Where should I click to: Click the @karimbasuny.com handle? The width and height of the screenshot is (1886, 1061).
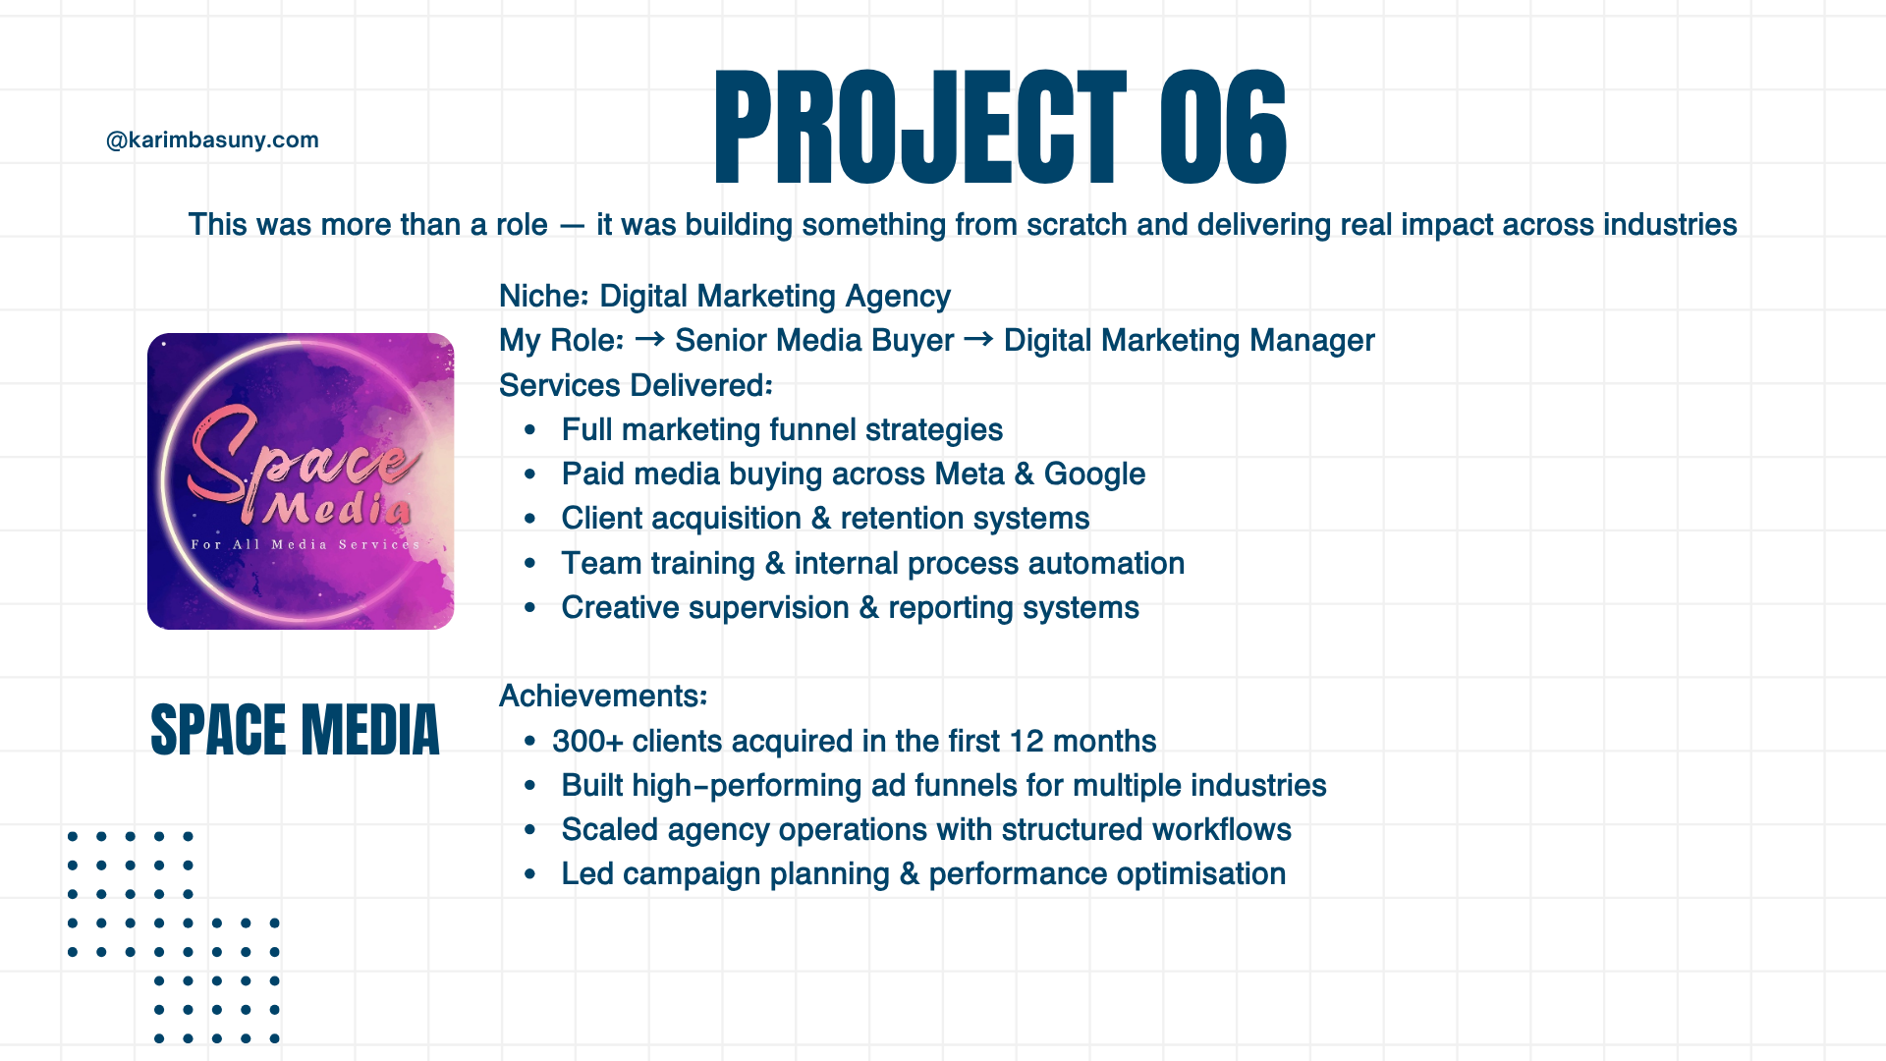212,140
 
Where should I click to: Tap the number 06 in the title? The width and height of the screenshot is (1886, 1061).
1223,128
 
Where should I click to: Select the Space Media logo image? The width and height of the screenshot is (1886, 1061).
301,481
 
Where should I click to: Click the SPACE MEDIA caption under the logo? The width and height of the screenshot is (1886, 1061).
295,730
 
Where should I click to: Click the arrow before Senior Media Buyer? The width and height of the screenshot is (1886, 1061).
649,339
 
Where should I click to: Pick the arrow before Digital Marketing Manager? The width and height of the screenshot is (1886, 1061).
978,339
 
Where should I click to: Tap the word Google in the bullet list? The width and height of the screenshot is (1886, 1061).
1094,475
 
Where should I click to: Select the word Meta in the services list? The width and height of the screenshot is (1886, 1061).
970,474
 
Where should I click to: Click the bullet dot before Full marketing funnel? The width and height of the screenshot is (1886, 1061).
530,429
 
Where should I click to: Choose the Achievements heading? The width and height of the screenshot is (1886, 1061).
603,696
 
